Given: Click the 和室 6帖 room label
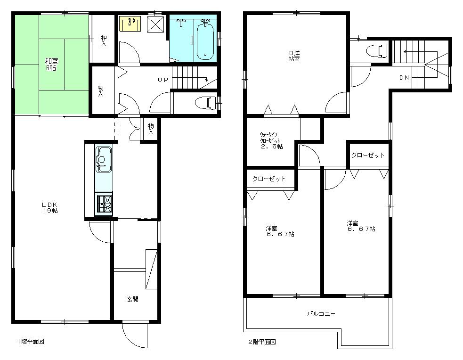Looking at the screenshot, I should (51, 64).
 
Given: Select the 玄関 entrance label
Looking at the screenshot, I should (132, 299).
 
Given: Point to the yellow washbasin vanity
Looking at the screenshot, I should (130, 24).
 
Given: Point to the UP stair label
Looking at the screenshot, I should (162, 80).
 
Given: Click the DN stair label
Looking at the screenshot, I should (404, 78).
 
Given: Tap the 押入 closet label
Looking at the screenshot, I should (104, 40).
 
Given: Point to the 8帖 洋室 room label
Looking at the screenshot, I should (294, 56).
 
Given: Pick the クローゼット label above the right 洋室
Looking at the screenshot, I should (368, 155).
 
